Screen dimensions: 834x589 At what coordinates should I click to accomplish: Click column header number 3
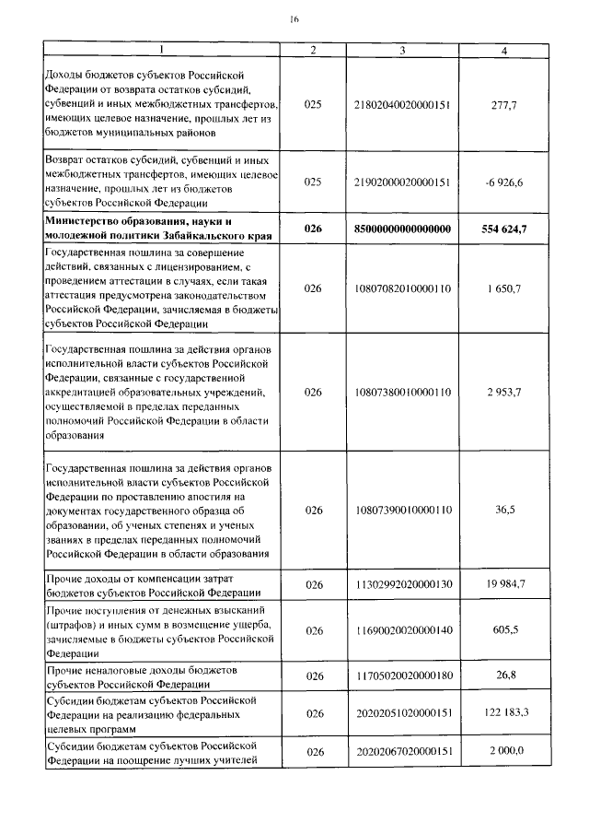pos(402,50)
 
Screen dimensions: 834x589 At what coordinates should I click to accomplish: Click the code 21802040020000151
pos(402,106)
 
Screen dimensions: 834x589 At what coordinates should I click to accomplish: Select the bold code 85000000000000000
pos(402,229)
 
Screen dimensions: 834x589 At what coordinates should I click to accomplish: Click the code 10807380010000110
pos(402,392)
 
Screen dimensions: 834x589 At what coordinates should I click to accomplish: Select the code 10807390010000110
pos(402,510)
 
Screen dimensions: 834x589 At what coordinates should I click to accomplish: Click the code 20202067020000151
pos(402,752)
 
